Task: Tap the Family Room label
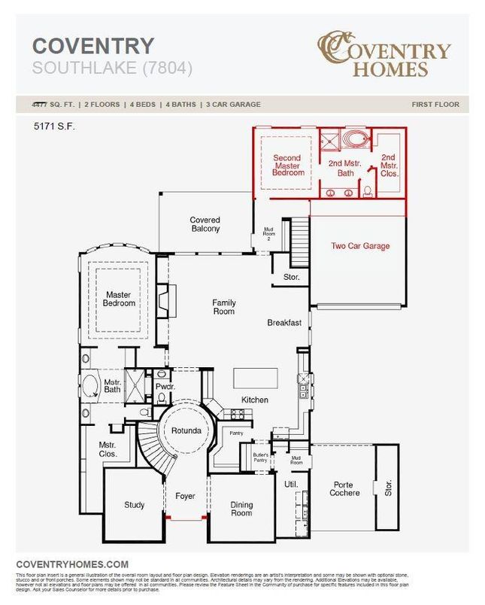coord(223,307)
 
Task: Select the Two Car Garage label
coord(360,246)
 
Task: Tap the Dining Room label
coord(241,509)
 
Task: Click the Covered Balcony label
coord(205,224)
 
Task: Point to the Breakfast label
coord(284,323)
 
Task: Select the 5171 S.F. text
coord(54,126)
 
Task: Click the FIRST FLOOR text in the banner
coord(435,105)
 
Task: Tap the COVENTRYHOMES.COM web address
coord(72,564)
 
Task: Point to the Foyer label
coord(185,496)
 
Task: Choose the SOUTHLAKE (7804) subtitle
coord(113,68)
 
